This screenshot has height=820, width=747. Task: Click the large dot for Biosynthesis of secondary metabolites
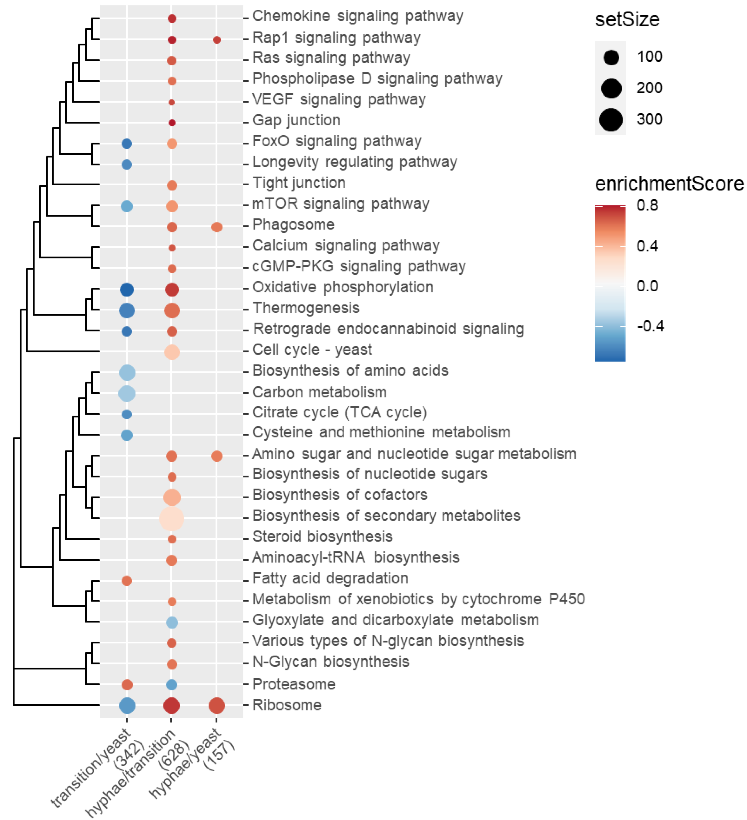tap(172, 518)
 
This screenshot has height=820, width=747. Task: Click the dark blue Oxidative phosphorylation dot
tap(127, 289)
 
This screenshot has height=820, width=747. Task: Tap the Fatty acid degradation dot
tap(127, 580)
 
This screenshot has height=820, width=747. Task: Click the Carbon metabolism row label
tap(319, 392)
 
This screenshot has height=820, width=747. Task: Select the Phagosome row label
tap(293, 224)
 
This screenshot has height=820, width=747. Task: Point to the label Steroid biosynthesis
tap(322, 536)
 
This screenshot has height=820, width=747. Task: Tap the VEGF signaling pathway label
tap(339, 99)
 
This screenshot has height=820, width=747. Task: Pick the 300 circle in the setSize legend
tap(611, 120)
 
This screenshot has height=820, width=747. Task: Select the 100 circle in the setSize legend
tap(611, 57)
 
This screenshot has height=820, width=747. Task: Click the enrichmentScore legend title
tap(669, 184)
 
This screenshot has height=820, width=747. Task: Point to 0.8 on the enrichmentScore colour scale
tap(647, 205)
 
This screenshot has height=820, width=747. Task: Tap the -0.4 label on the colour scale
tap(650, 326)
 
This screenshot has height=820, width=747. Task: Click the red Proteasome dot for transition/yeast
tap(127, 684)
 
